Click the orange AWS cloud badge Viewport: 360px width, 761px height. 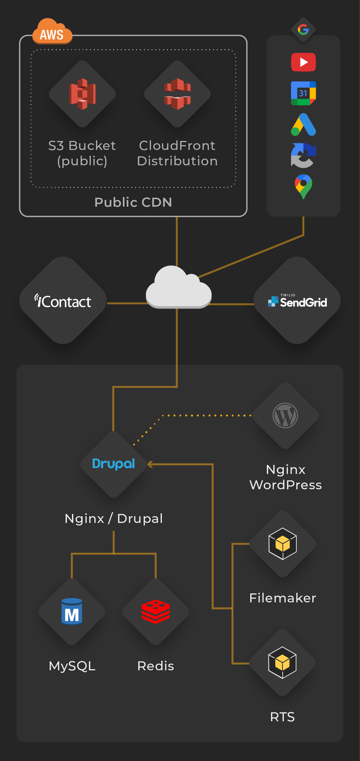click(x=52, y=32)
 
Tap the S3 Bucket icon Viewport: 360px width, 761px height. click(x=82, y=94)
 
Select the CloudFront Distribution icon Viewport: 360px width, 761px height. click(x=177, y=94)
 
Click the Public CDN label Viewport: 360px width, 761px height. click(x=133, y=202)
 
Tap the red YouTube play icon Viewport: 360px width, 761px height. click(x=303, y=62)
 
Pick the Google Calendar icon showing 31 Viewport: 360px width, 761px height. click(x=303, y=93)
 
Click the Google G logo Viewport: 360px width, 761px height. click(x=303, y=30)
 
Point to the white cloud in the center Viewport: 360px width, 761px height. click(x=178, y=288)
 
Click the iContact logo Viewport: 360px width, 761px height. click(x=63, y=301)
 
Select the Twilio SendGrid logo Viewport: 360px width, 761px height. click(x=297, y=301)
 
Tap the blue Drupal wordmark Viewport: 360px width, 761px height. click(x=114, y=464)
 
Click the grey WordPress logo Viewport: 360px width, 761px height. click(x=285, y=415)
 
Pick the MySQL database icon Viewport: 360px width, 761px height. click(x=72, y=611)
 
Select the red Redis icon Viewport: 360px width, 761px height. click(x=156, y=611)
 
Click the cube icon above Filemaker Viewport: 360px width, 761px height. click(x=283, y=544)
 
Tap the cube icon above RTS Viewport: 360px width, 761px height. click(x=282, y=662)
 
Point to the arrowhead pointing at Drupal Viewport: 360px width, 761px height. click(x=150, y=464)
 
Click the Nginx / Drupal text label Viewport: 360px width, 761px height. click(x=114, y=518)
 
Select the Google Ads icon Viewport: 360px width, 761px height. click(x=303, y=125)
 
